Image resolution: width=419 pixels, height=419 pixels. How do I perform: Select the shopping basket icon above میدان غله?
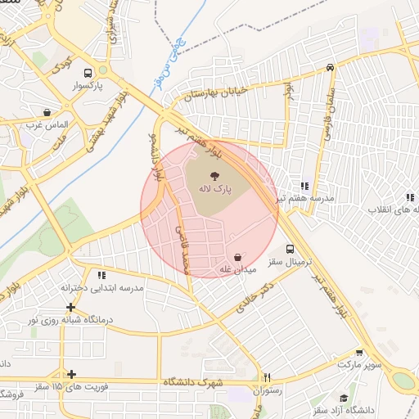tap(237, 256)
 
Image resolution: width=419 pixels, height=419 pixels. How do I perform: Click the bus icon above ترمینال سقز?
tap(291, 249)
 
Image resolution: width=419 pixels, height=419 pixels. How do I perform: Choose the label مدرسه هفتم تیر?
tap(305, 199)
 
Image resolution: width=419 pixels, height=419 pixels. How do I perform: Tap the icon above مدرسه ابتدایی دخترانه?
tap(102, 276)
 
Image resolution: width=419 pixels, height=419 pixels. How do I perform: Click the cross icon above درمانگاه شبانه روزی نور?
tap(72, 308)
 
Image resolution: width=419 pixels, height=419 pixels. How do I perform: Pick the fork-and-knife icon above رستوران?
tap(267, 377)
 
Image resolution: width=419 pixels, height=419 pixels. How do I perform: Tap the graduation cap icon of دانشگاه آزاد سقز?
tap(345, 398)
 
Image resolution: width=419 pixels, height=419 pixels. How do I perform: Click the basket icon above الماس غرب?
tap(47, 112)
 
